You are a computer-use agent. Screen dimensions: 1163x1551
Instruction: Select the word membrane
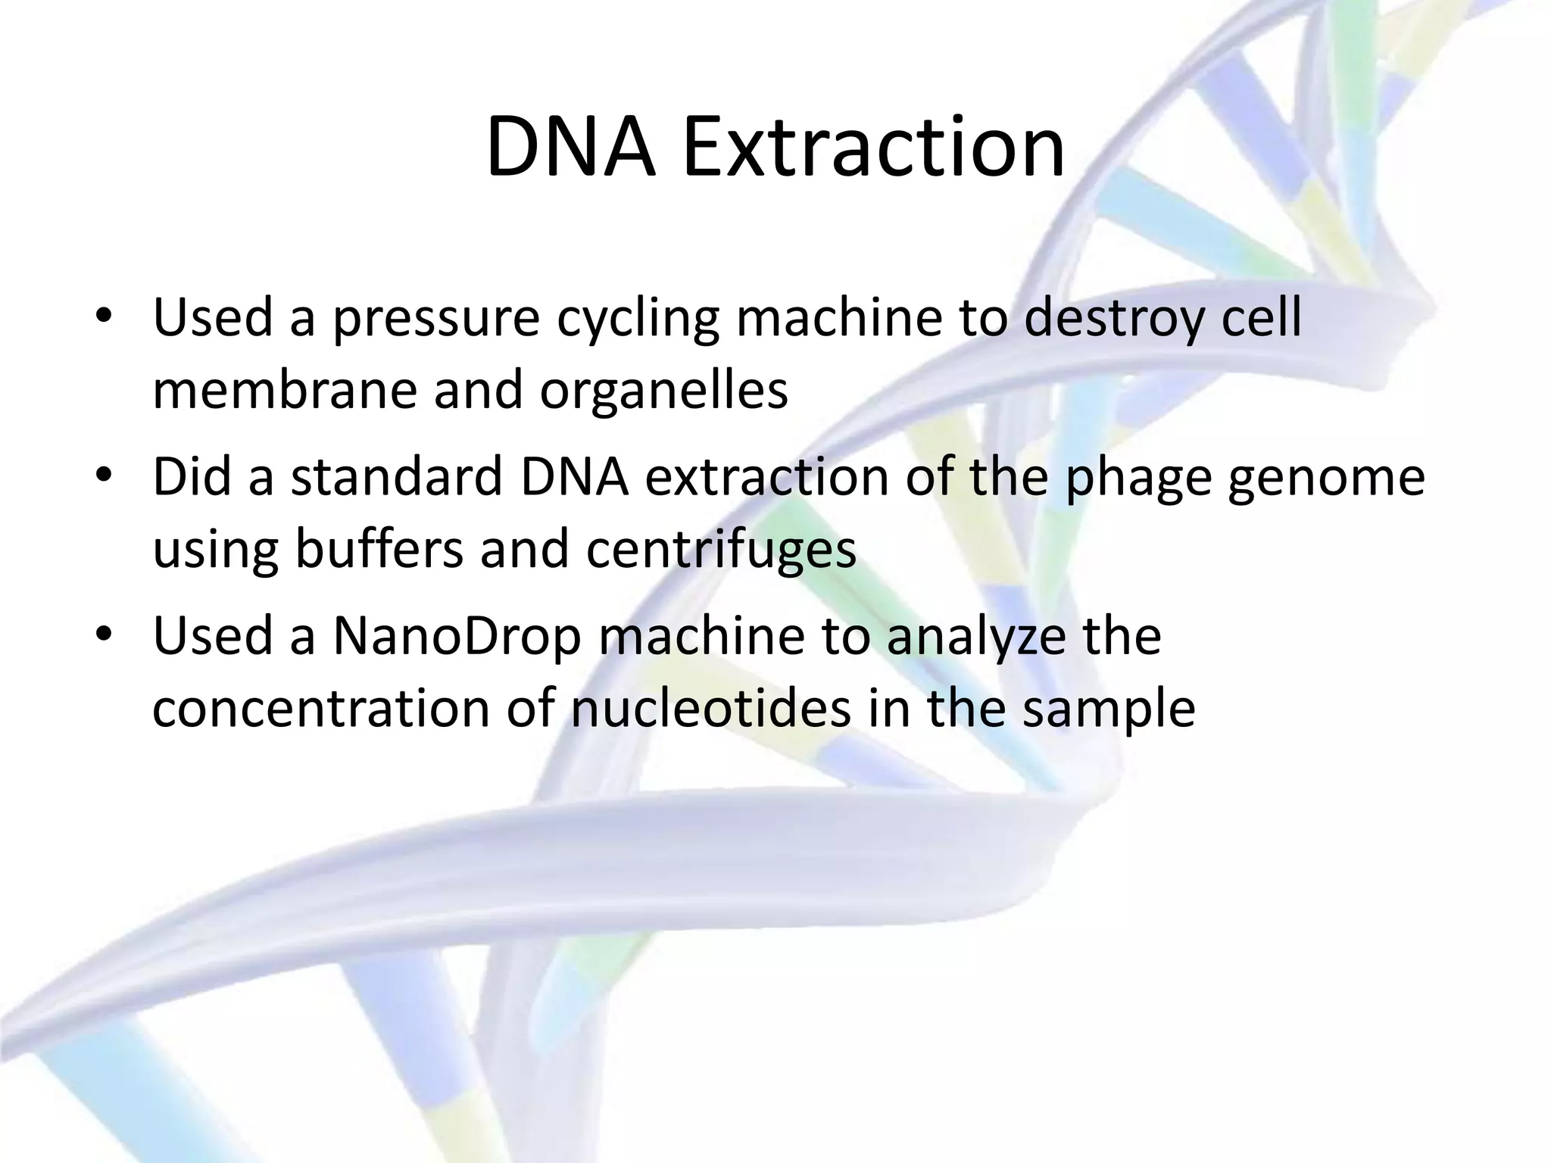(284, 391)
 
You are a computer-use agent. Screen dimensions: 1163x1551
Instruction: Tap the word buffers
(379, 550)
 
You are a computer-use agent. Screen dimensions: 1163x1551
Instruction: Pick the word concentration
(321, 709)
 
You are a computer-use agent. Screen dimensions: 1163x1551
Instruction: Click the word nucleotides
(710, 709)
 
